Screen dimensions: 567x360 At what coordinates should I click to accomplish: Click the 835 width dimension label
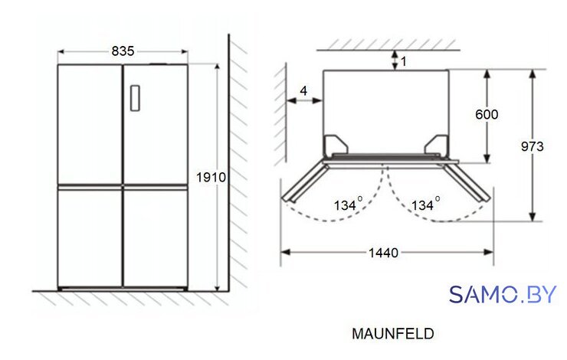(x=123, y=51)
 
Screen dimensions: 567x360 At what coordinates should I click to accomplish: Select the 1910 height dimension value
(x=211, y=178)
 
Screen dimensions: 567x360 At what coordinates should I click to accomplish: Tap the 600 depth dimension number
(x=487, y=115)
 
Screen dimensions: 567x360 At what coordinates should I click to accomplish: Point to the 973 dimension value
(x=533, y=146)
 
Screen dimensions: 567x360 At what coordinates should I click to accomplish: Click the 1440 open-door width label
(x=383, y=253)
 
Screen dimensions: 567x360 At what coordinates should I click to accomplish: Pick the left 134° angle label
(x=348, y=205)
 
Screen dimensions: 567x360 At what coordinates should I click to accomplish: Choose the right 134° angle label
(x=425, y=205)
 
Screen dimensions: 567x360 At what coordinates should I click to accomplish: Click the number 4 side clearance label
(x=303, y=90)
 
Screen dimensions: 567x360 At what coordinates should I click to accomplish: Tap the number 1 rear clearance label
(x=404, y=61)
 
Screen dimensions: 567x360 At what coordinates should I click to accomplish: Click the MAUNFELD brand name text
(x=393, y=334)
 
